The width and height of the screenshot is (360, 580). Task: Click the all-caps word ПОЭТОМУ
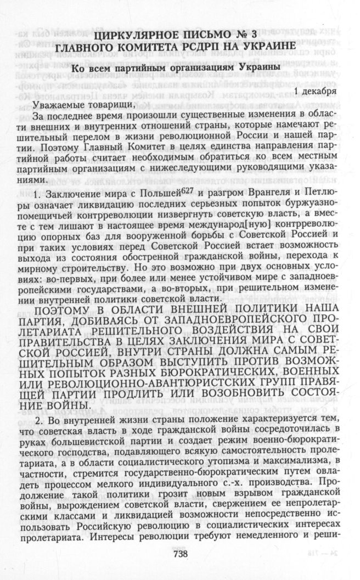click(70, 309)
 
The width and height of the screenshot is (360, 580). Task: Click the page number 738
click(180, 554)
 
